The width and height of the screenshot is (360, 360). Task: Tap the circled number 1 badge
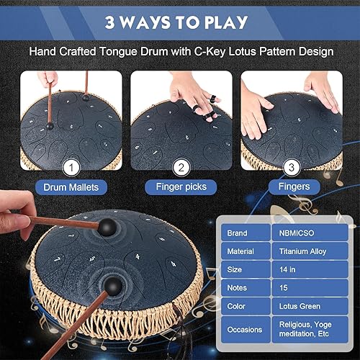click(x=70, y=168)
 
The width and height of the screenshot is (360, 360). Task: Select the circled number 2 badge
click(x=181, y=168)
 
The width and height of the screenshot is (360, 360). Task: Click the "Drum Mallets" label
click(x=70, y=187)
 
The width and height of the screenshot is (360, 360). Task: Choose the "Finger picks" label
click(x=180, y=187)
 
